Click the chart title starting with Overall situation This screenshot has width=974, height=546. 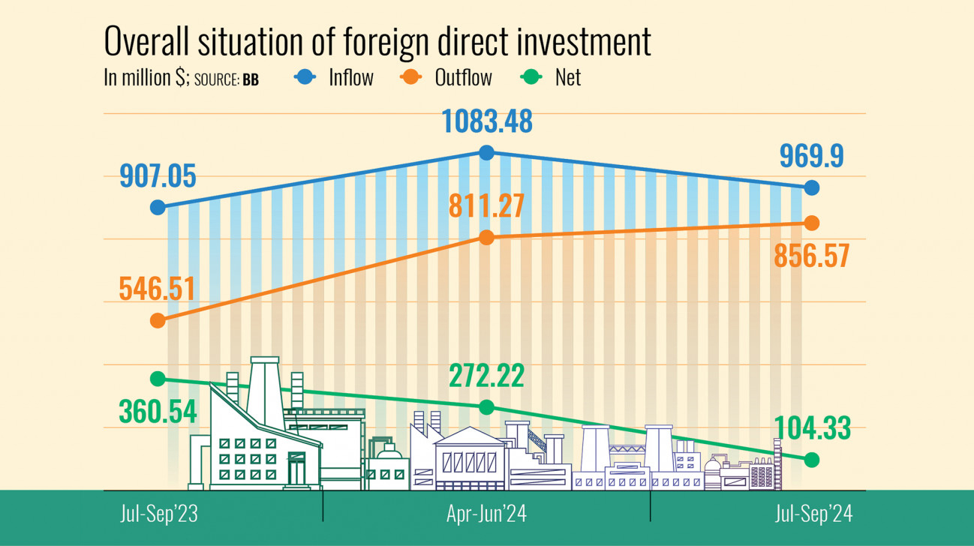(377, 43)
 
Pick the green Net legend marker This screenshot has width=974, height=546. (529, 77)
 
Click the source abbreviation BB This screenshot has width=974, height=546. (251, 80)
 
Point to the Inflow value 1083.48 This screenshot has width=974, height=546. (486, 121)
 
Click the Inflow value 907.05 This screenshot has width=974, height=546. (158, 177)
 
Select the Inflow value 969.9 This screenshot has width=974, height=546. (811, 157)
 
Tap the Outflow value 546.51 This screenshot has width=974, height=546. (158, 288)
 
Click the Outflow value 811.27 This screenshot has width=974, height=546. (486, 205)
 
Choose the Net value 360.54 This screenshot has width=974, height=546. (158, 411)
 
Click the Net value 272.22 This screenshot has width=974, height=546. (486, 376)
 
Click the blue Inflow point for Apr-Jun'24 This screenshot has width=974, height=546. (486, 153)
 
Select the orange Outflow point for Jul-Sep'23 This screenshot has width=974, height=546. (158, 320)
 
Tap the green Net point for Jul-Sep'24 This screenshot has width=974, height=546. (811, 460)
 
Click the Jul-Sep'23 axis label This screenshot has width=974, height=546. (158, 515)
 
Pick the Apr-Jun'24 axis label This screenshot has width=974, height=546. (486, 515)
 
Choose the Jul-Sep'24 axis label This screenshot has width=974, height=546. (813, 515)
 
